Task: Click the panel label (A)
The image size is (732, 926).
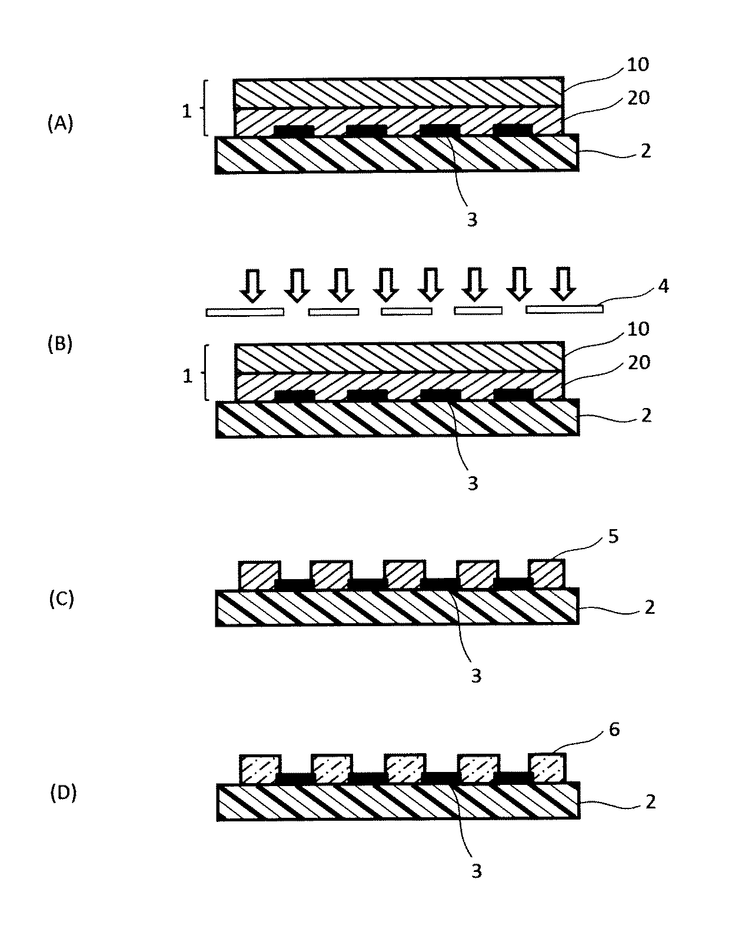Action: tap(60, 124)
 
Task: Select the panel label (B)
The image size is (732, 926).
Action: tap(60, 345)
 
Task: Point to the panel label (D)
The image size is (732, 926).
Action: tap(64, 793)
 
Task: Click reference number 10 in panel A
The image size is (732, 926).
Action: tap(638, 65)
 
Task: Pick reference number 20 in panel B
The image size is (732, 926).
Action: tap(638, 363)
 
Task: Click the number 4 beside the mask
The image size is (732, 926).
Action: tap(664, 286)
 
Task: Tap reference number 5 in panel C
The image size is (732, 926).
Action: tap(613, 537)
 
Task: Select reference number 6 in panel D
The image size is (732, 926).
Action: tap(614, 730)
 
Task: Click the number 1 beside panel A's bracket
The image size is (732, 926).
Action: tap(187, 112)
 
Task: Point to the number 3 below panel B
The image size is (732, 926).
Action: tap(473, 484)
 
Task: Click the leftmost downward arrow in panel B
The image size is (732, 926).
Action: tap(253, 284)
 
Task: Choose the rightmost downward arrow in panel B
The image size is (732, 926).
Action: tap(563, 283)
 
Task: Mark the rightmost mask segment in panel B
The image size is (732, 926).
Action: tap(564, 309)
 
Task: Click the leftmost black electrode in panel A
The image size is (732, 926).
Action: tap(294, 131)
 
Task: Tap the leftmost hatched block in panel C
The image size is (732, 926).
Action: tap(259, 576)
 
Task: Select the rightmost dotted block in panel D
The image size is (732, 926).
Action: tap(547, 768)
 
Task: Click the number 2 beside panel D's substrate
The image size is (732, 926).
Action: tap(650, 801)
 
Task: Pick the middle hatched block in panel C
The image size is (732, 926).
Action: tap(404, 574)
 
